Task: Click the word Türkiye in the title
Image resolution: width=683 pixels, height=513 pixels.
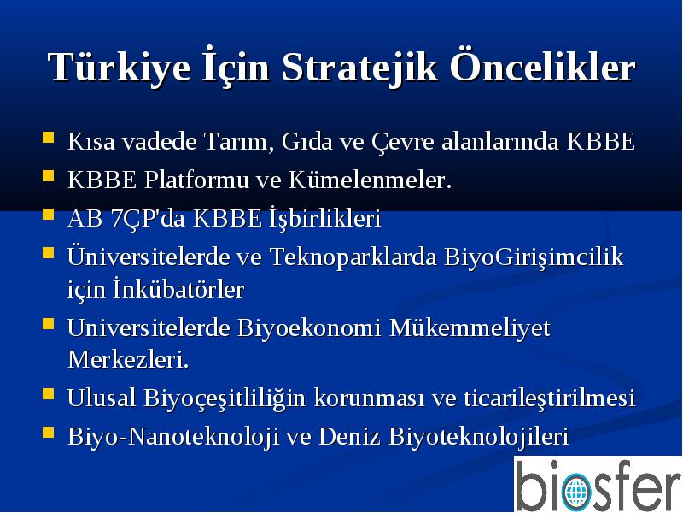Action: tap(119, 68)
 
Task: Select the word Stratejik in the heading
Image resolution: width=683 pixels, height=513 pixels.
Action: tap(359, 68)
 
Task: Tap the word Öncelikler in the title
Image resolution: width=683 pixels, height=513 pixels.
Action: tap(543, 67)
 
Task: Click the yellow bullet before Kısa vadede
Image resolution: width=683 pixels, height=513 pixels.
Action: tap(48, 138)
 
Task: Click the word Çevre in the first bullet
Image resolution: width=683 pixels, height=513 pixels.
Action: tap(403, 141)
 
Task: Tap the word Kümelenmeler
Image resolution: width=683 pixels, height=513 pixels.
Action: tap(371, 180)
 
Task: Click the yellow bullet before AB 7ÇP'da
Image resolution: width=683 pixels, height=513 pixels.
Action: tap(48, 215)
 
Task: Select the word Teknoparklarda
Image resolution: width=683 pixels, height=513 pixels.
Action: tap(353, 256)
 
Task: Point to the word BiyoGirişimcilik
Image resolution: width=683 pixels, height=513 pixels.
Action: tap(534, 256)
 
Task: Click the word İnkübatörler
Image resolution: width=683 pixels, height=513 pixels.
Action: tap(178, 289)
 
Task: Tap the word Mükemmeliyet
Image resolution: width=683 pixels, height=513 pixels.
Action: tap(469, 327)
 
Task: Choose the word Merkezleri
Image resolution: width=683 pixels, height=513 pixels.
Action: tap(128, 360)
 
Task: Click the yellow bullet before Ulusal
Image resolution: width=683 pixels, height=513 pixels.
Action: tap(48, 394)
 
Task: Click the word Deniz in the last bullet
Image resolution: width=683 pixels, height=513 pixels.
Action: tap(349, 436)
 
